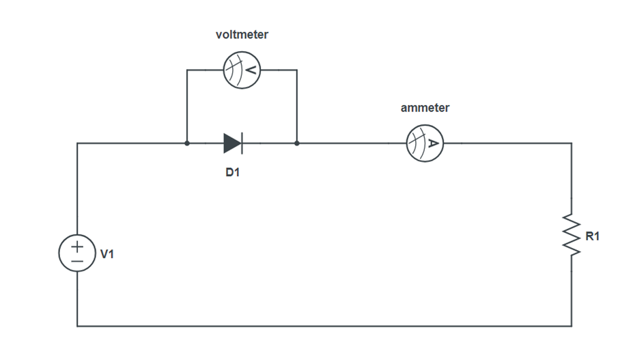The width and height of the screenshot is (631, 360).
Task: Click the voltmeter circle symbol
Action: click(x=242, y=70)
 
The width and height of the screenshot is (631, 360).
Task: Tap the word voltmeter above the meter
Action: click(x=242, y=34)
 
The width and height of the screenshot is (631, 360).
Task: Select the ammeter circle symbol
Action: click(x=425, y=143)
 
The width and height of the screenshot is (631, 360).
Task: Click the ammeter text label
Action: click(x=425, y=108)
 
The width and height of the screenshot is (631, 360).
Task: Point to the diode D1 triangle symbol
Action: click(x=232, y=143)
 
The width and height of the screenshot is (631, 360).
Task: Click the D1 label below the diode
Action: click(x=233, y=173)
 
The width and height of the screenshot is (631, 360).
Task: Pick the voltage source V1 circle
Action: click(x=77, y=253)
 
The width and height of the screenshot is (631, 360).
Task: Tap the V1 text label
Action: click(x=107, y=254)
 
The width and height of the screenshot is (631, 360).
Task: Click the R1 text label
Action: click(x=593, y=236)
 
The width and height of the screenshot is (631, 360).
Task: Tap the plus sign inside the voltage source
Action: click(x=77, y=246)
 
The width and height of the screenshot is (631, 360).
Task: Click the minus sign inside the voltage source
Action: click(x=77, y=261)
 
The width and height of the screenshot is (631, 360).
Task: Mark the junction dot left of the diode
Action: click(x=187, y=143)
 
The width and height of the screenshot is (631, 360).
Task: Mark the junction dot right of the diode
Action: click(x=297, y=143)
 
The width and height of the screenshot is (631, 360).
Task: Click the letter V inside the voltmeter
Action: click(x=251, y=70)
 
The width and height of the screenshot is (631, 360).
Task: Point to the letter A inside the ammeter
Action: click(x=433, y=143)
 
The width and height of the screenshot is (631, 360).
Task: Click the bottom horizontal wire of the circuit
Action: click(x=324, y=326)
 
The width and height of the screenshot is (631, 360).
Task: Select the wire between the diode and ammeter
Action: click(x=348, y=143)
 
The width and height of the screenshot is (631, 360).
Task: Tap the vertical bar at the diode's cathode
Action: click(x=242, y=143)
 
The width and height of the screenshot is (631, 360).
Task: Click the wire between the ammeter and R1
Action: click(x=512, y=143)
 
